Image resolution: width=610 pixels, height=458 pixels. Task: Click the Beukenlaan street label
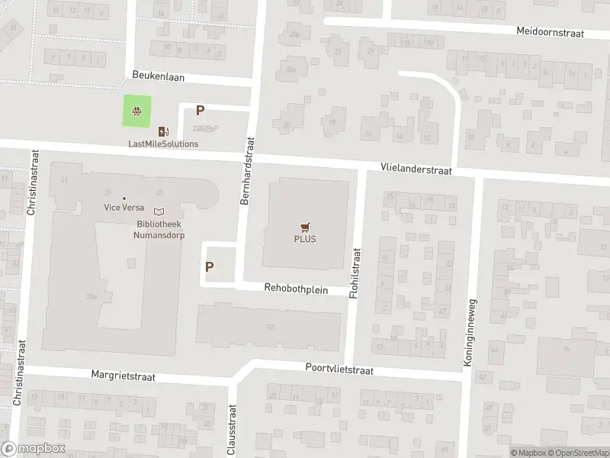(159, 77)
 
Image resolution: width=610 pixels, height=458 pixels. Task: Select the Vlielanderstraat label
(416, 171)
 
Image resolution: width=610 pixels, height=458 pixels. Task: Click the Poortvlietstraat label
(340, 369)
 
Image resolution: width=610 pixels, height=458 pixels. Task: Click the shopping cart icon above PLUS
(306, 226)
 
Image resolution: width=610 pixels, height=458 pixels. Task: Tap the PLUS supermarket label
(305, 238)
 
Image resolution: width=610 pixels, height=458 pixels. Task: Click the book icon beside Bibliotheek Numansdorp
(159, 211)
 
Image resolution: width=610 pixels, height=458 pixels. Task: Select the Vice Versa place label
(124, 207)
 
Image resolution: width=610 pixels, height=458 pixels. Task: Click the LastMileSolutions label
(163, 144)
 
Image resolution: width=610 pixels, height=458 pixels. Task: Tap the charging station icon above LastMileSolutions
(162, 132)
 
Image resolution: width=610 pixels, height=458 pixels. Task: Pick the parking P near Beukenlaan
(201, 111)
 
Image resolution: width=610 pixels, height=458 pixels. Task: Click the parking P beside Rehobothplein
(209, 267)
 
